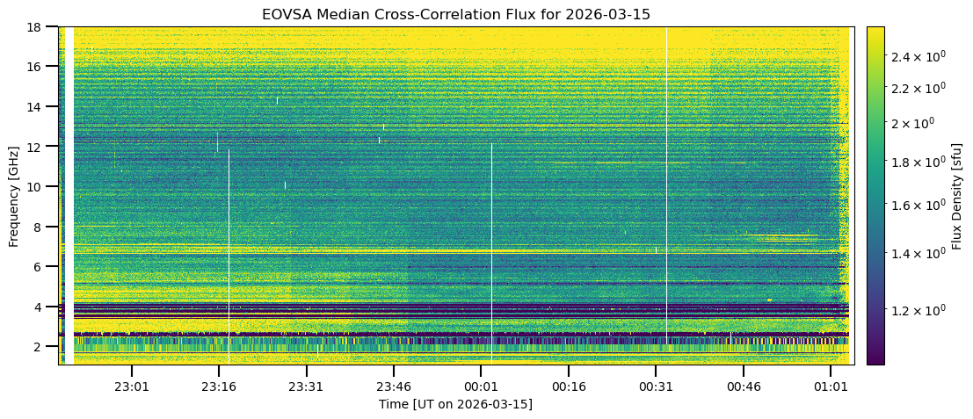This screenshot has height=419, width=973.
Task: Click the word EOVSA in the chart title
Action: (x=285, y=15)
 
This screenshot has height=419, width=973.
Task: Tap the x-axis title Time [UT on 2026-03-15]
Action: (x=455, y=404)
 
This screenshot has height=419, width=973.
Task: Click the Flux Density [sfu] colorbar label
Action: (x=956, y=195)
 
